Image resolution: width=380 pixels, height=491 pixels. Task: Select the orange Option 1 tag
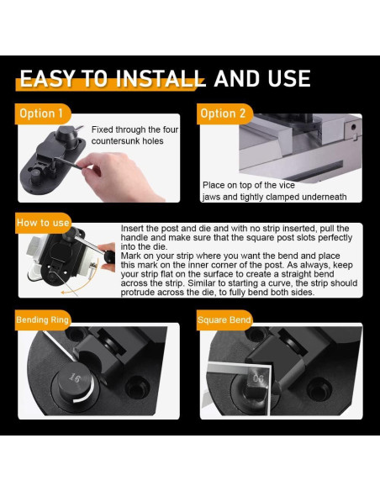[x=40, y=114]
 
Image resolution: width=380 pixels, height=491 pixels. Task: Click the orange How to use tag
[x=43, y=223]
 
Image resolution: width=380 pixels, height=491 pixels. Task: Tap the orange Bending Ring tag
[x=43, y=320]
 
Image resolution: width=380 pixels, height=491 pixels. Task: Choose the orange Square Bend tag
[x=224, y=320]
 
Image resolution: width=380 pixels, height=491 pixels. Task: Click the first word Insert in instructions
[x=135, y=229]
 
